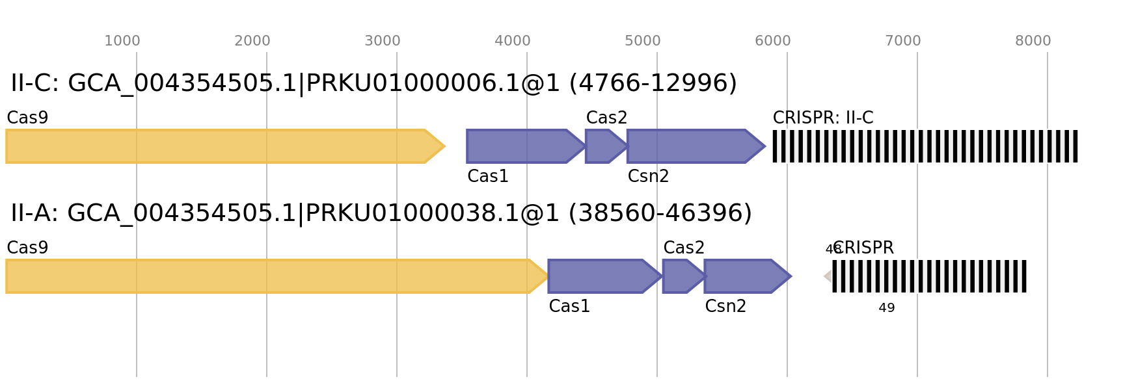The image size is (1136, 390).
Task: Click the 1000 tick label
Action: (122, 41)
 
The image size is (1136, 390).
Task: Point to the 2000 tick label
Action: (252, 41)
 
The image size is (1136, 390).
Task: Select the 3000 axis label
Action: (383, 41)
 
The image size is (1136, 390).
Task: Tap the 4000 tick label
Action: (513, 41)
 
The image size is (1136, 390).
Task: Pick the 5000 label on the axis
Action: (643, 41)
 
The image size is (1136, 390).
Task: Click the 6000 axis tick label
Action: (773, 41)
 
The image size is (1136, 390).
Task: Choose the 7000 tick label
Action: (903, 41)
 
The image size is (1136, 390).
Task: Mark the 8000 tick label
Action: (1033, 41)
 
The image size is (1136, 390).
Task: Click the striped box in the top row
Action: (925, 146)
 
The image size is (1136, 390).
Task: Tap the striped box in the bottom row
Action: (930, 276)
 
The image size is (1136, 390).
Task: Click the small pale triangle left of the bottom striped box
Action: (828, 276)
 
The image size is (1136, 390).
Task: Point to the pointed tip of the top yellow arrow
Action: (444, 146)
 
